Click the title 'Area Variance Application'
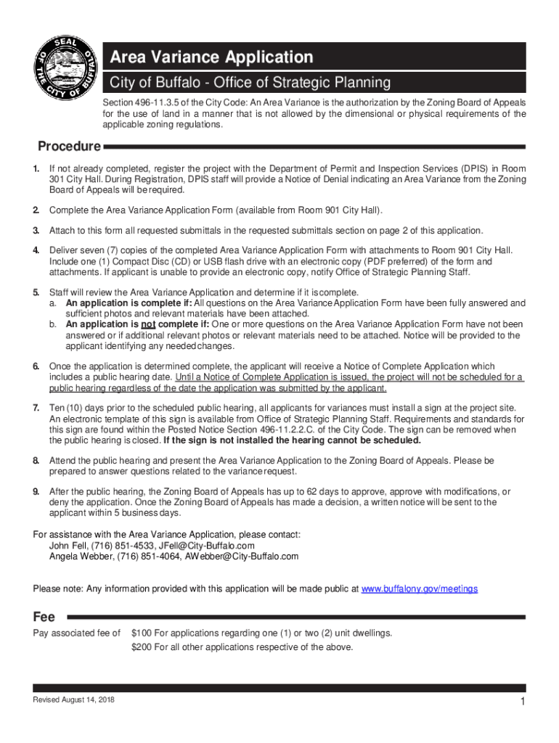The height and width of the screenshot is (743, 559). tap(211, 57)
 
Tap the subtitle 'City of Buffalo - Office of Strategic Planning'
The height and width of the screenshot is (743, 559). tap(250, 82)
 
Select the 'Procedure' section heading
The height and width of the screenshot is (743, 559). tap(69, 147)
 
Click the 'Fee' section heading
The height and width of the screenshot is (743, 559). tap(44, 617)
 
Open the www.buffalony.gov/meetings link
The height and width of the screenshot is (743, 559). tap(420, 588)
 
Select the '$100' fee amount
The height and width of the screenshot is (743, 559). tap(142, 633)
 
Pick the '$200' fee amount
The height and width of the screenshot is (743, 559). tap(142, 646)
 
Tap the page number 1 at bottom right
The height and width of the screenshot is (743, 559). tap(522, 702)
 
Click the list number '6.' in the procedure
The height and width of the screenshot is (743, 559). tap(36, 366)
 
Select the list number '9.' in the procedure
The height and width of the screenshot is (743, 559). tap(36, 492)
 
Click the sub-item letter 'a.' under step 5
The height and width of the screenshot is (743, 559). tap(53, 303)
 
